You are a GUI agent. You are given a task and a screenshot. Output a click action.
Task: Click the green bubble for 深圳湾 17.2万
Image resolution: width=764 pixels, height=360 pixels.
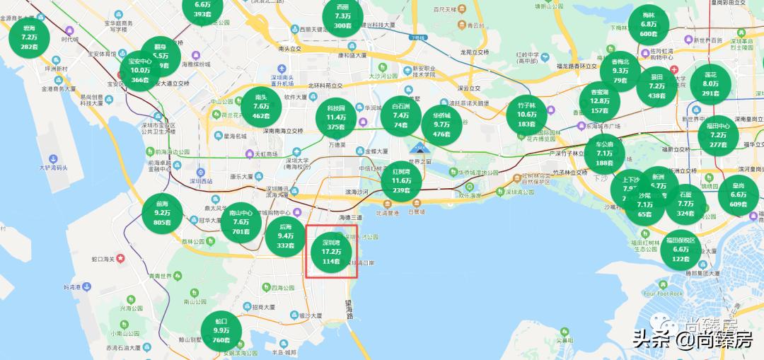(x=331, y=251)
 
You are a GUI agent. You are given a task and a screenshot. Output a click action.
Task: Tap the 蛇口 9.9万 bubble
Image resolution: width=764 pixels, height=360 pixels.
(x=221, y=331)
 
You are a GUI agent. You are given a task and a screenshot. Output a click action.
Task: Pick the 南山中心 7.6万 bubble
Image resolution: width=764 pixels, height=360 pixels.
(x=241, y=221)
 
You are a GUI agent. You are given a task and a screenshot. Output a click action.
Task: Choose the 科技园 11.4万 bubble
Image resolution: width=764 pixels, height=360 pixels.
(x=336, y=117)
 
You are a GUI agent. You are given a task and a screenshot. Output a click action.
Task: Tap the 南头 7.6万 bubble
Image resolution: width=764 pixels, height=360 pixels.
(x=261, y=106)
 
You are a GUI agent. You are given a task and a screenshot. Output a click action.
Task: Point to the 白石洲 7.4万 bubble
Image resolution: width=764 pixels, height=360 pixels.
(x=401, y=115)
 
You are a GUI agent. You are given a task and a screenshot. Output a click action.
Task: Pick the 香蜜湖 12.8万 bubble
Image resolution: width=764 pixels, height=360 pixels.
(x=599, y=101)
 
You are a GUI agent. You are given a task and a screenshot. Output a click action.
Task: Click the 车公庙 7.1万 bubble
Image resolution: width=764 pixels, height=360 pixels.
(x=604, y=153)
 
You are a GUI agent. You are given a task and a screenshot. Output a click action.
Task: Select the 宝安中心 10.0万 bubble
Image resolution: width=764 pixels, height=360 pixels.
(x=140, y=71)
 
